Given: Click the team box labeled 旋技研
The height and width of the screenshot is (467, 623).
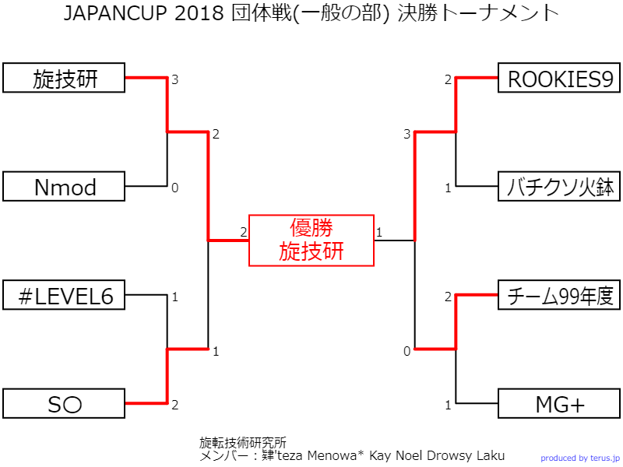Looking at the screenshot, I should tap(64, 79).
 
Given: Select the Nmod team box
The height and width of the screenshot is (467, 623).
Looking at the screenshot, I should tap(64, 187).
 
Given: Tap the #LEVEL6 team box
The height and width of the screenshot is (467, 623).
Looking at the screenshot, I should tap(64, 296).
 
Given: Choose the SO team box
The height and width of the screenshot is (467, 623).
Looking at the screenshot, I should tap(64, 404).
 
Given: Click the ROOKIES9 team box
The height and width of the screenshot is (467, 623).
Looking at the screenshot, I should tap(560, 79).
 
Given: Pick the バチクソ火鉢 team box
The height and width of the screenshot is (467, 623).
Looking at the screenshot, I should tap(560, 187).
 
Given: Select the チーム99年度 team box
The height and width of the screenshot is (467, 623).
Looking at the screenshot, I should tap(560, 296).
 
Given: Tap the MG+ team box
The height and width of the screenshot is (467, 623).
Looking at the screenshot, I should tap(560, 404).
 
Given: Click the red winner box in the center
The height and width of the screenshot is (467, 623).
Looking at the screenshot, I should tap(311, 240).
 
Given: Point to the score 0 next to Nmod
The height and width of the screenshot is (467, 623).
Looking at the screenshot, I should tap(175, 188).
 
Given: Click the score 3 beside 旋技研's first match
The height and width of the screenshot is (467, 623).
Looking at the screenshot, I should tap(175, 79).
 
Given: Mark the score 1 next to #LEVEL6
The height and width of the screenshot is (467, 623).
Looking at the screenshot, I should tap(175, 297).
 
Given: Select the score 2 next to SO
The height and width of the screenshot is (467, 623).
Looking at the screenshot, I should tap(175, 405).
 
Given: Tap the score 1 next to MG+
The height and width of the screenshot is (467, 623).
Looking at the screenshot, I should tap(448, 405).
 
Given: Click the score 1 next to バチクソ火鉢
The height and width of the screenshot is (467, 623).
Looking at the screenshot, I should tap(448, 188).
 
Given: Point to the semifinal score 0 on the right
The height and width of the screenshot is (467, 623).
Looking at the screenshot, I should tap(407, 352).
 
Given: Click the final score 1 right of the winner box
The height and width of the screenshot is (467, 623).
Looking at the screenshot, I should tap(379, 232).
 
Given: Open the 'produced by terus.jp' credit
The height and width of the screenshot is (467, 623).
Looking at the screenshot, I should tap(580, 458).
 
